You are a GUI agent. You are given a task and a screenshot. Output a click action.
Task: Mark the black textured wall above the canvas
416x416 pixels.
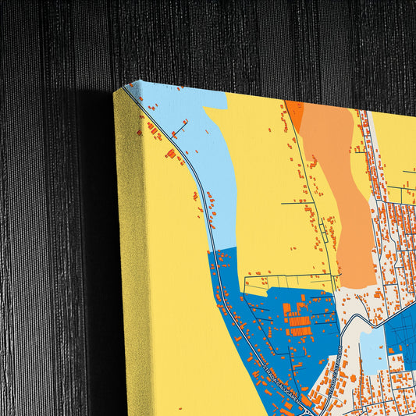pos(234,39)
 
